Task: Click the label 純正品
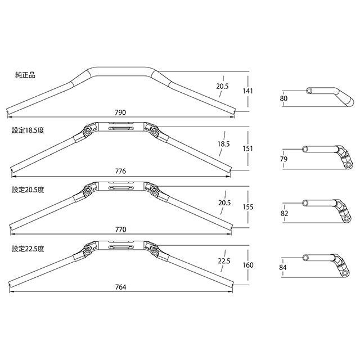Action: coord(25,75)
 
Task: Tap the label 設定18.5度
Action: coord(28,130)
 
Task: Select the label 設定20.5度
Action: coord(28,190)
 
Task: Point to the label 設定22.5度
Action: coord(28,249)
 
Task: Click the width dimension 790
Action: coord(120,112)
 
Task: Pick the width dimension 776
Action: coord(120,171)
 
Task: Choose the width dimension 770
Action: coord(120,229)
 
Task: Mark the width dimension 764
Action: coord(120,287)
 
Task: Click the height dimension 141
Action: coord(248,91)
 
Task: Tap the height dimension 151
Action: coord(248,148)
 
